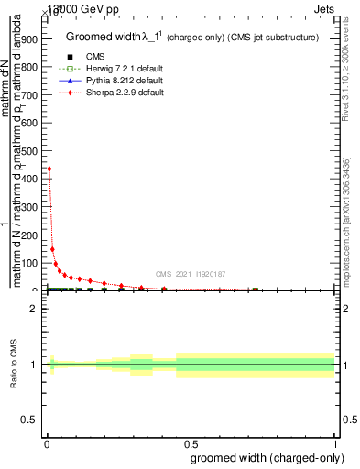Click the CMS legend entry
(94, 57)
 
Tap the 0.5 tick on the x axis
(191, 444)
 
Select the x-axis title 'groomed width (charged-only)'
(265, 457)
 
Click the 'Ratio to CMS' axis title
(15, 365)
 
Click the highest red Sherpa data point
(49, 169)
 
